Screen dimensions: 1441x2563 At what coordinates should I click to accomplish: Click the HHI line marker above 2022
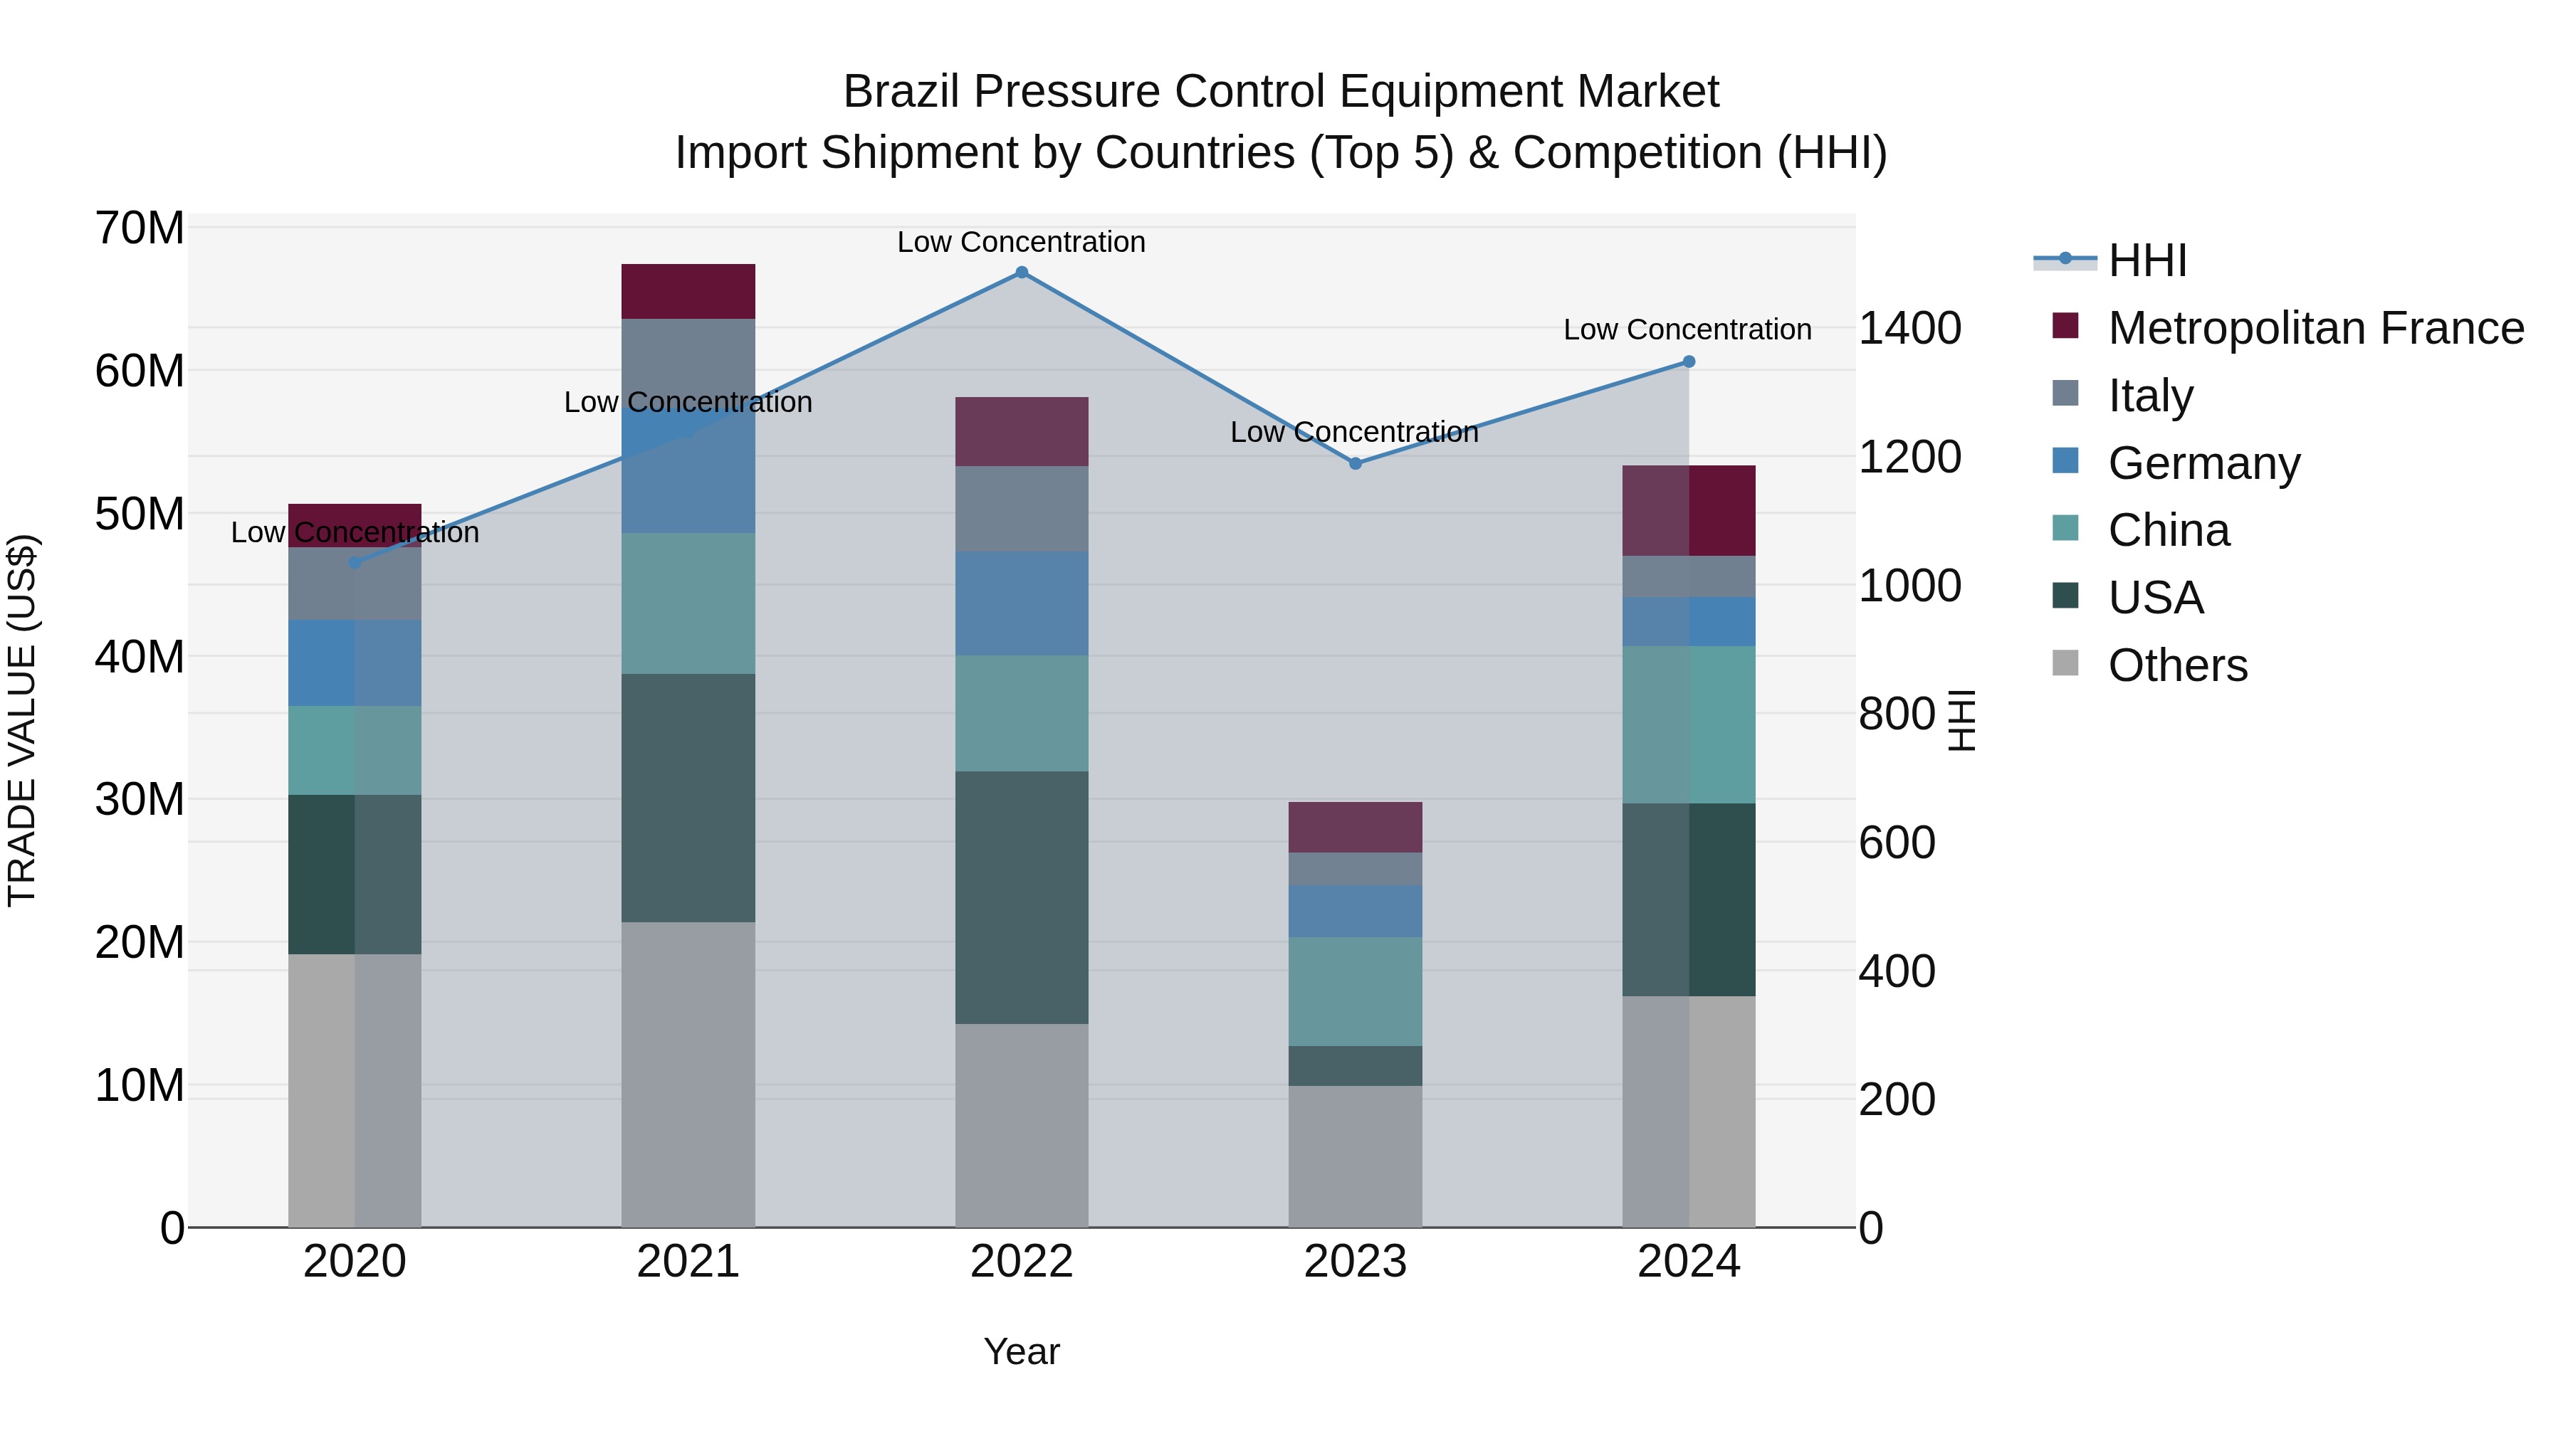(1021, 273)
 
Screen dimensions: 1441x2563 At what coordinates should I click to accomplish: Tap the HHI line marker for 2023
(1354, 463)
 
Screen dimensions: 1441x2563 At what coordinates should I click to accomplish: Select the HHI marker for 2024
(1689, 362)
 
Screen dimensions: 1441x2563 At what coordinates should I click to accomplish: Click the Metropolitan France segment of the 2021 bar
(688, 291)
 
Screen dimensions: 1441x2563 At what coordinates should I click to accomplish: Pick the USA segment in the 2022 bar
(1021, 897)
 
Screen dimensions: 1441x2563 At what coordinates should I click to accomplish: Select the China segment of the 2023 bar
(1354, 991)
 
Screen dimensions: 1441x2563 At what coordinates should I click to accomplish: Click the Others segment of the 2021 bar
(688, 1074)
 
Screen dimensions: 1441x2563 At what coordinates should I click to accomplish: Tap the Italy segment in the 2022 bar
(1021, 510)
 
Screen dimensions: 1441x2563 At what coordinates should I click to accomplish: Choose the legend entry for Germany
(2203, 463)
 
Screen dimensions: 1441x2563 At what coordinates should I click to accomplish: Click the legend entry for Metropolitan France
(2315, 328)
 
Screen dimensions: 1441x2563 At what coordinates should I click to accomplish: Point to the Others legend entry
(2177, 665)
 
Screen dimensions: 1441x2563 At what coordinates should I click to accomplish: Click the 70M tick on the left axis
(140, 228)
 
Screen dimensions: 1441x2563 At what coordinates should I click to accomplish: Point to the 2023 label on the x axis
(1354, 1262)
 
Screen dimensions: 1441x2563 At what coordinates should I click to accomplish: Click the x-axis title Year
(1021, 1351)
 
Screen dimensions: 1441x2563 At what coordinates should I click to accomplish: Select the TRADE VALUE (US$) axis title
(22, 720)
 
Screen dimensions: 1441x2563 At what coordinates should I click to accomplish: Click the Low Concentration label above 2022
(1021, 242)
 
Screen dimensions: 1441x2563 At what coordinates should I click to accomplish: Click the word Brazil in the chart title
(901, 92)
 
